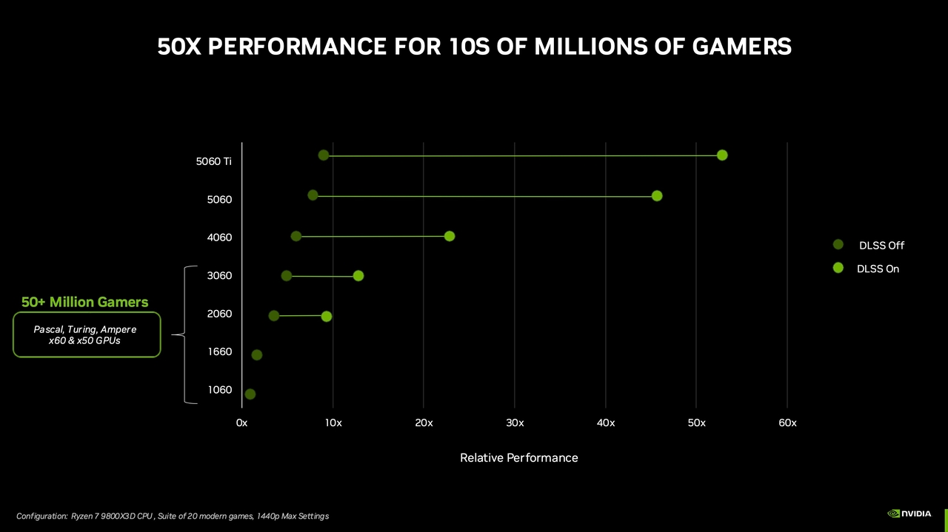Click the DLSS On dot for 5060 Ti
[x=722, y=155]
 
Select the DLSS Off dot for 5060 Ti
[x=324, y=155]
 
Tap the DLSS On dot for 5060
[x=657, y=196]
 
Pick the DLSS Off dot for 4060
[x=296, y=237]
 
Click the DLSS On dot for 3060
[x=358, y=276]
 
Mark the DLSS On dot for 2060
[x=327, y=317]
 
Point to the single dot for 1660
[x=257, y=355]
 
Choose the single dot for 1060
[x=250, y=394]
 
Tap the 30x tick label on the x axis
[x=515, y=423]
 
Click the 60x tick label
[x=787, y=423]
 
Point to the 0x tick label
[x=241, y=423]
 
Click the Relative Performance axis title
[x=518, y=458]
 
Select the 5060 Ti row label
[x=214, y=161]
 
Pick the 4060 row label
[x=220, y=238]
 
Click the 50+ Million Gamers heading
[x=84, y=303]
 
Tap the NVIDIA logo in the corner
[x=909, y=513]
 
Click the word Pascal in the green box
[x=48, y=329]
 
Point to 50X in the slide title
[x=180, y=47]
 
